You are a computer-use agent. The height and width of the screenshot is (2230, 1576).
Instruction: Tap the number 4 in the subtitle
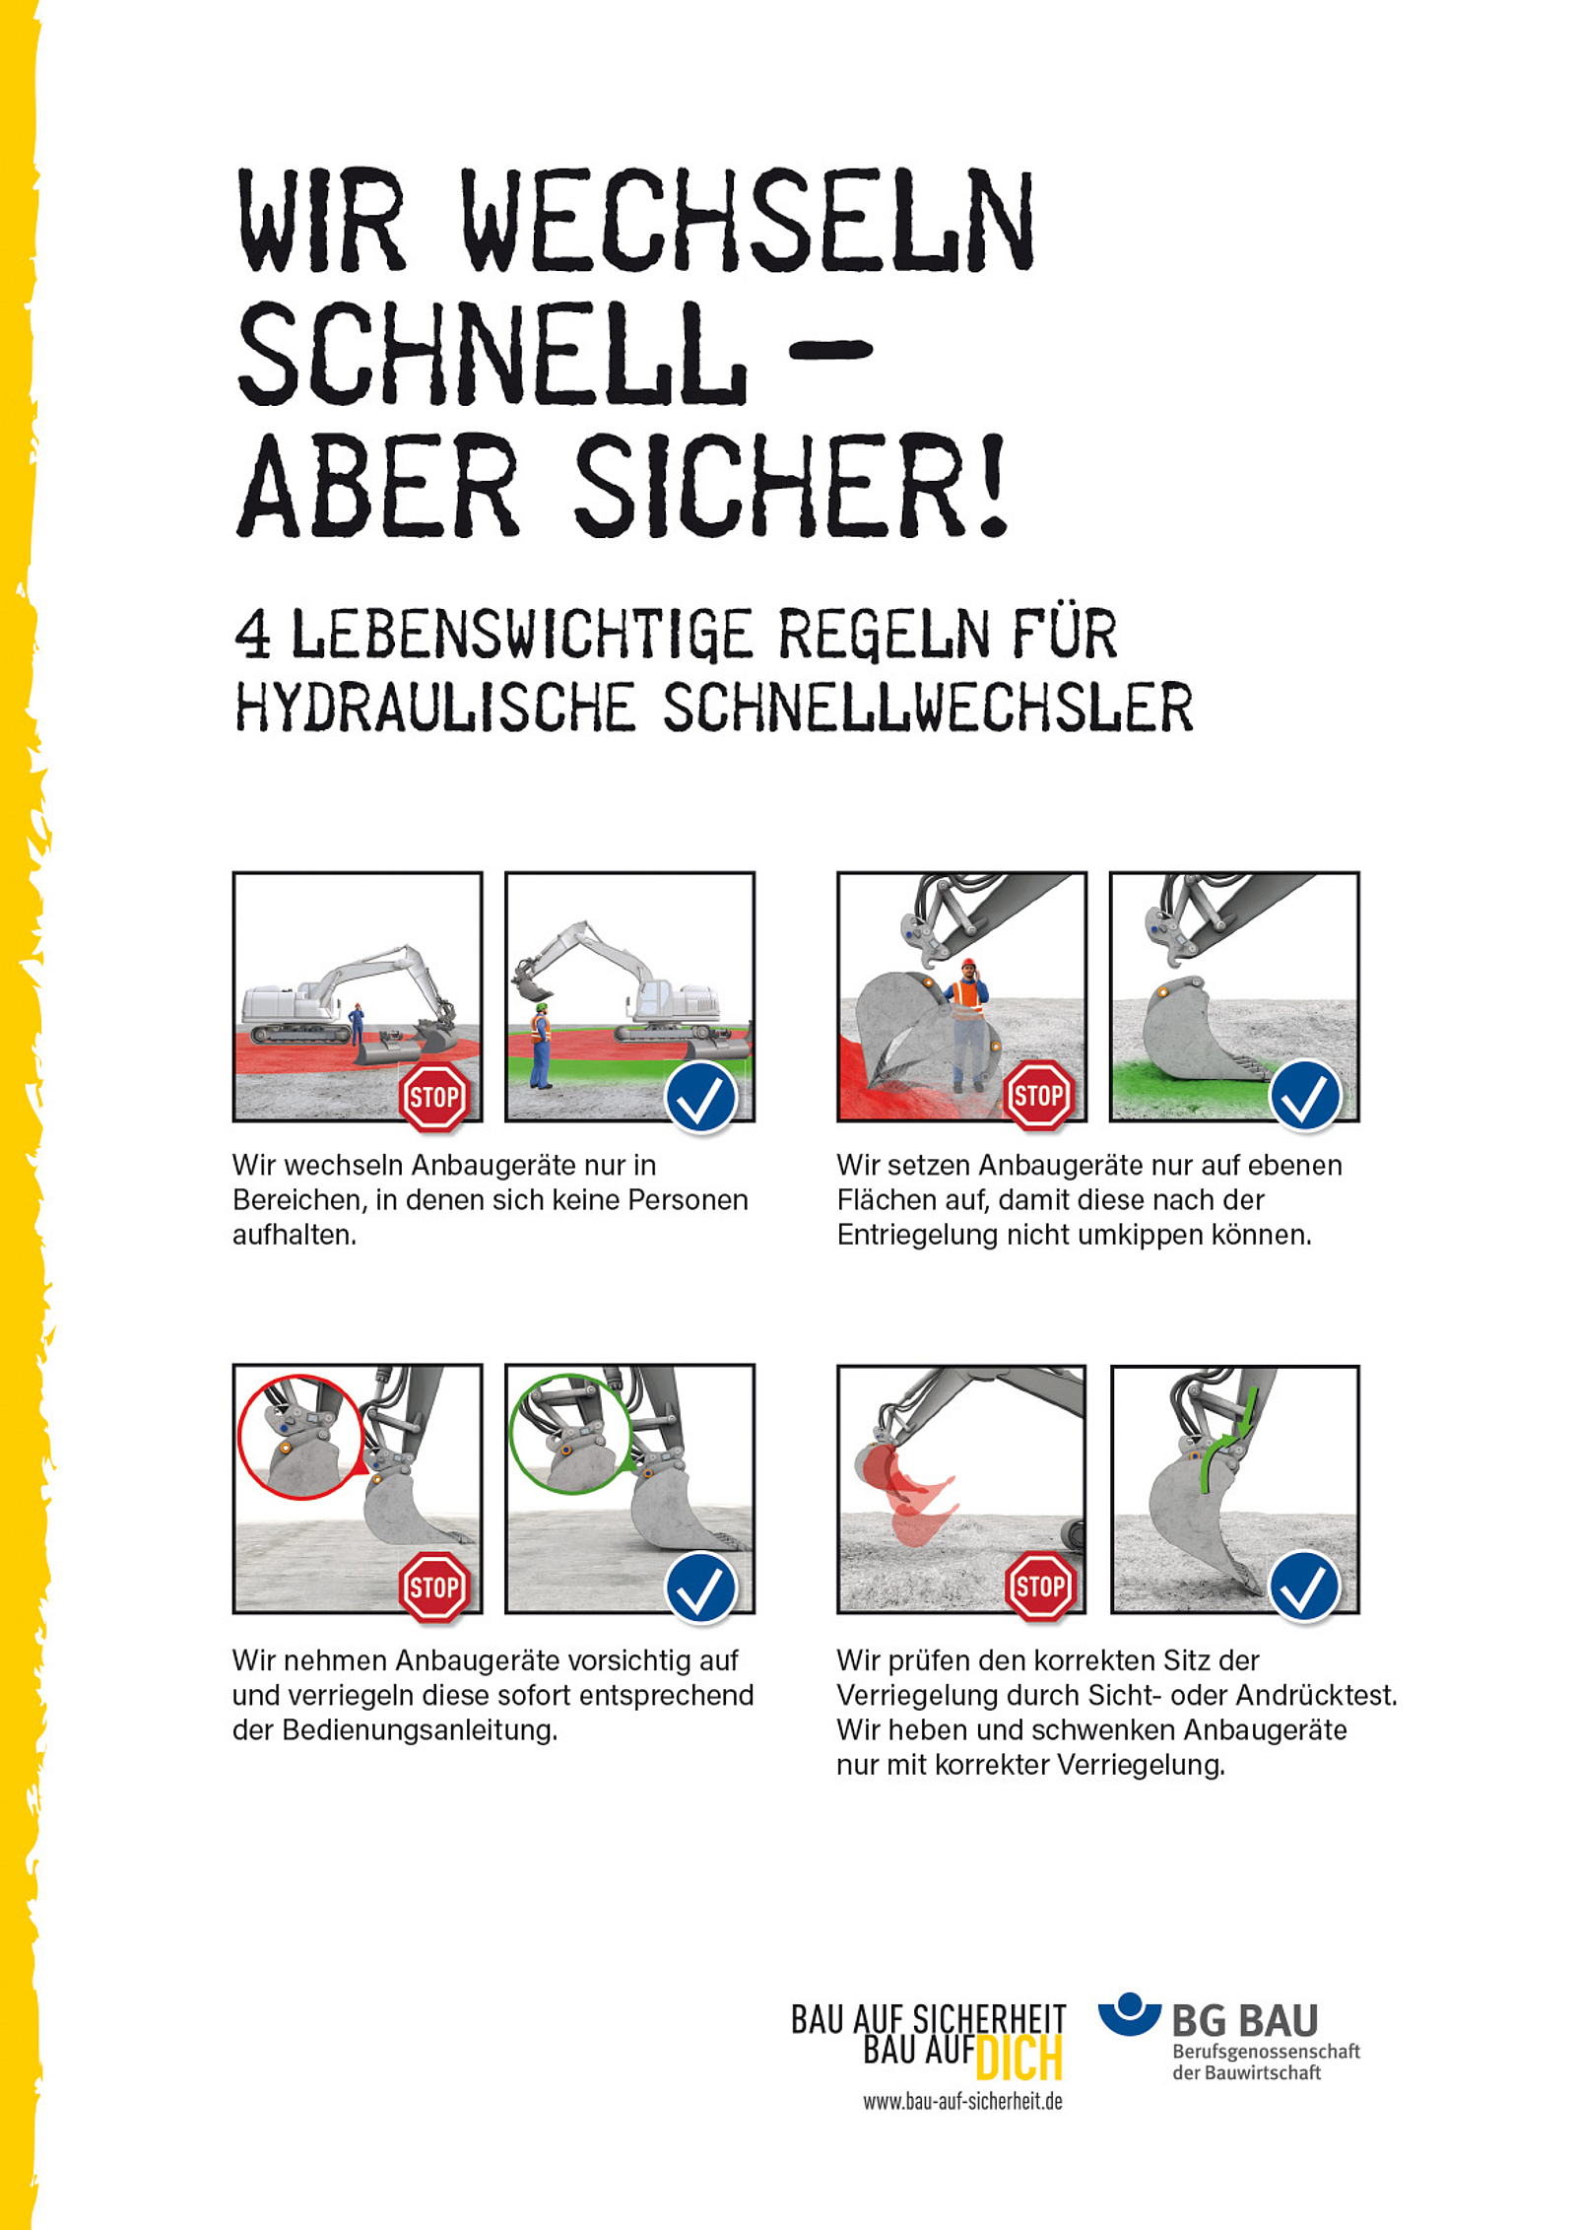click(252, 633)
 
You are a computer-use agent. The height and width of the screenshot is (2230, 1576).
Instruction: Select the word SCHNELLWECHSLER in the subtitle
click(927, 707)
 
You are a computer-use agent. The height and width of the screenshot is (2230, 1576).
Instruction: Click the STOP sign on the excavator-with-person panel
click(433, 1096)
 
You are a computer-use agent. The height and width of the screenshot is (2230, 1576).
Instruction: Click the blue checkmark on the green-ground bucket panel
click(1305, 1096)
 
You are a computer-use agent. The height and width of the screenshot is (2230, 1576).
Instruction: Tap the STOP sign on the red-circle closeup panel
click(433, 1587)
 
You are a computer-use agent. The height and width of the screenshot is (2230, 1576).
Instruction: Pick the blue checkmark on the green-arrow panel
click(1305, 1587)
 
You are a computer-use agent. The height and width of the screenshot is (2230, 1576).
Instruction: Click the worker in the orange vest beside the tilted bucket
click(969, 1025)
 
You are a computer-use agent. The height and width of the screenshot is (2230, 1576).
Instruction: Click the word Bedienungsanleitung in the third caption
click(420, 1730)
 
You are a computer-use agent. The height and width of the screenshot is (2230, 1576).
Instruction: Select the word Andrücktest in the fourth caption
click(1316, 1695)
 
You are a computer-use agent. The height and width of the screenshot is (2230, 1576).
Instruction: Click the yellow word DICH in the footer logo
click(1019, 2059)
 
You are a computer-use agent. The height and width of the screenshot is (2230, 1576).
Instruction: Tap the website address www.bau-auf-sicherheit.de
click(962, 2102)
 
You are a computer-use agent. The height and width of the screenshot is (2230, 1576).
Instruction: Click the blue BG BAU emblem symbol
click(1130, 2013)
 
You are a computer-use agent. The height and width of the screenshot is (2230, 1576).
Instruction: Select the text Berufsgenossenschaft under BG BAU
click(1266, 2052)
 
